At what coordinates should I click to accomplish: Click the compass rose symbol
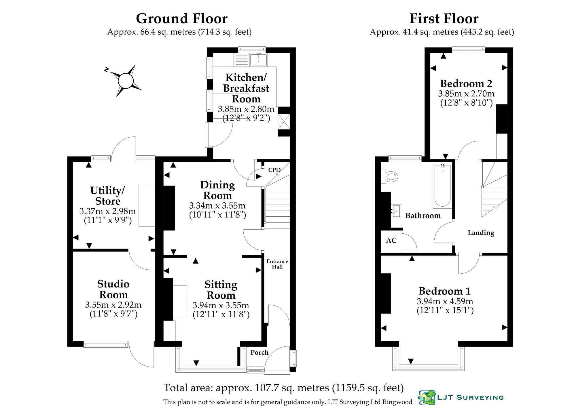coord(126,81)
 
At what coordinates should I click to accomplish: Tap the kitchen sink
coord(259,60)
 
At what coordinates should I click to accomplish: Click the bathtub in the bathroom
coord(442,186)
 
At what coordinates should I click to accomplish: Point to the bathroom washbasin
coord(396,211)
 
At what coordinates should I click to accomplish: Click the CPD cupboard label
coord(274,170)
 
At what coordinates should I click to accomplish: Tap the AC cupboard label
coord(391,240)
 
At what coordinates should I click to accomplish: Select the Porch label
coord(259,352)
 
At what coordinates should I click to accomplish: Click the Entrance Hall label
coord(277,264)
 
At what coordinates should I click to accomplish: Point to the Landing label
coord(481,232)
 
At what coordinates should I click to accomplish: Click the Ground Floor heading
coord(182,18)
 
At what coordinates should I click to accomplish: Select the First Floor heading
coord(444,18)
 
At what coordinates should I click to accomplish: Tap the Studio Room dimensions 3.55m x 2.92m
coord(113,304)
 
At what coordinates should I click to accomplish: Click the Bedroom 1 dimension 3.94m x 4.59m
coord(445,301)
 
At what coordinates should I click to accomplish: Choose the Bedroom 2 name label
coord(466,83)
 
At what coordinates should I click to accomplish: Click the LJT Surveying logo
coord(461,397)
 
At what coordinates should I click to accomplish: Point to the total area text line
coord(283,388)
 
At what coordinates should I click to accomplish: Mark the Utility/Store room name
coord(107,195)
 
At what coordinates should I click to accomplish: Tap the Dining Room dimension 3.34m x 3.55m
coord(217,205)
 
